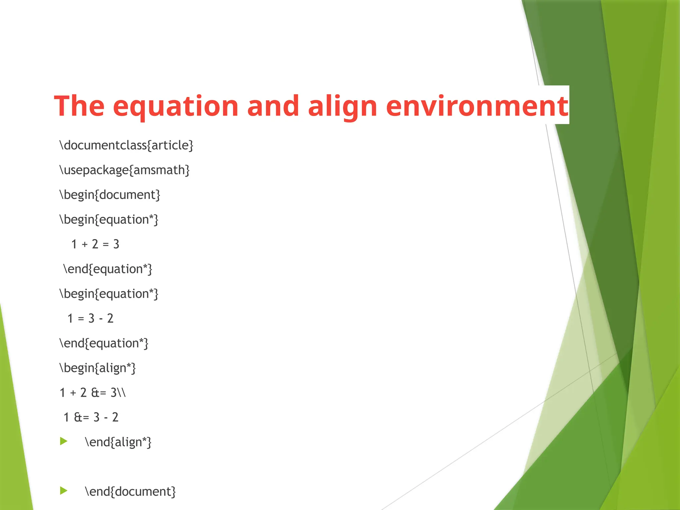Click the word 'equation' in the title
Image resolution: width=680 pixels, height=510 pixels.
pos(176,106)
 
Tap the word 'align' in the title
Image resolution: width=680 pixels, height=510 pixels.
pos(342,106)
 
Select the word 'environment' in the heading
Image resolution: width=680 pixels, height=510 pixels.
pos(477,106)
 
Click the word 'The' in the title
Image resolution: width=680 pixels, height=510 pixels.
pos(79,106)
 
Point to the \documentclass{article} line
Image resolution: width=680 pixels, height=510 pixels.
pos(126,145)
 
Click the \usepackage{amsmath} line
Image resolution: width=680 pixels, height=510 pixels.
pos(125,170)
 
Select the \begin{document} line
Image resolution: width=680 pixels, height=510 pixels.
pos(110,195)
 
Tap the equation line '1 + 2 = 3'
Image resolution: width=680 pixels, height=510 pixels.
pos(95,244)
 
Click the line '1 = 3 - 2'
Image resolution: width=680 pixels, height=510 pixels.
pos(90,319)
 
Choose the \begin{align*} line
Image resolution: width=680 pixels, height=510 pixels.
pos(98,368)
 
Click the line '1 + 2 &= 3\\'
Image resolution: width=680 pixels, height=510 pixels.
pos(93,393)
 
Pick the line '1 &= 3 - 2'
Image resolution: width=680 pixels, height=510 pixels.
pos(91,417)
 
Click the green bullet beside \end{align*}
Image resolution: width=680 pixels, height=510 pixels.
pos(63,441)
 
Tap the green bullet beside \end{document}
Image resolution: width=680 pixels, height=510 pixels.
pos(63,490)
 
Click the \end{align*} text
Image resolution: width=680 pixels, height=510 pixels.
pos(118,442)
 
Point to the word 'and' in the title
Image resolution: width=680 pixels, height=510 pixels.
pos(273,106)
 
